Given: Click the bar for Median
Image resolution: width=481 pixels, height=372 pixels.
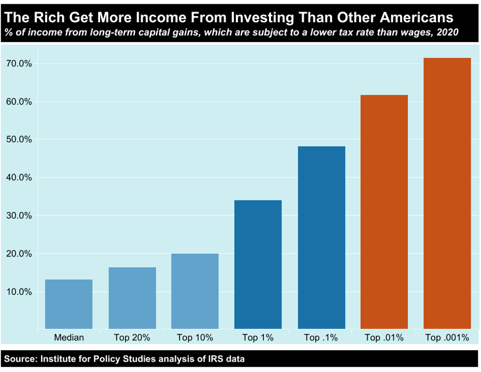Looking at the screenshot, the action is click(x=69, y=304).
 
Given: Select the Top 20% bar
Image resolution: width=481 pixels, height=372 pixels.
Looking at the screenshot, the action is click(x=132, y=298).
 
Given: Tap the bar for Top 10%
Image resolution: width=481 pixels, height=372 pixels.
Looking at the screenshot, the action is click(x=195, y=291).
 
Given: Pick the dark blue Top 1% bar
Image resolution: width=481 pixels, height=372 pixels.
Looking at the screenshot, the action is click(x=258, y=264).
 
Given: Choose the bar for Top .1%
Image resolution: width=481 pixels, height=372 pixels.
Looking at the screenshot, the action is click(x=321, y=237).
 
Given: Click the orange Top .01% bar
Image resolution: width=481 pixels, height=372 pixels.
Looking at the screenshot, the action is click(x=384, y=212).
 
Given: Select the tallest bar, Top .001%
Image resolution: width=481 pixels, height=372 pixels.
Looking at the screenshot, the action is click(x=447, y=193).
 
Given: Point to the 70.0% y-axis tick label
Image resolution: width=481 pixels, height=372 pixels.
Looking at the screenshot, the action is click(x=19, y=64).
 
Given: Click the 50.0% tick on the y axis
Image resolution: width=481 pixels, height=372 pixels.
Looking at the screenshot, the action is click(x=19, y=139).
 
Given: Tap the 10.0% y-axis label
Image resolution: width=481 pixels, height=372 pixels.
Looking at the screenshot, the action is click(x=19, y=292).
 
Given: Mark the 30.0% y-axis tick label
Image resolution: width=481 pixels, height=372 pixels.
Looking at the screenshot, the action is click(x=19, y=216).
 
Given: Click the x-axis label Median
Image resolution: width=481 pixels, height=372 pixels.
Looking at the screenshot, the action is click(x=69, y=338).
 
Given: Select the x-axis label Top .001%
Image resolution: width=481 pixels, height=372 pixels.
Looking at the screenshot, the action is click(x=447, y=338).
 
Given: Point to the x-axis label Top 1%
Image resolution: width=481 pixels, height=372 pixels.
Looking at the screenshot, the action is click(x=258, y=338).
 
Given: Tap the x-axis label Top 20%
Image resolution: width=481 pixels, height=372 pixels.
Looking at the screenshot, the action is click(x=132, y=338).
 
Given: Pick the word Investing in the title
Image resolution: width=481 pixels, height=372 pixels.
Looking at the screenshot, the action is click(x=262, y=18).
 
